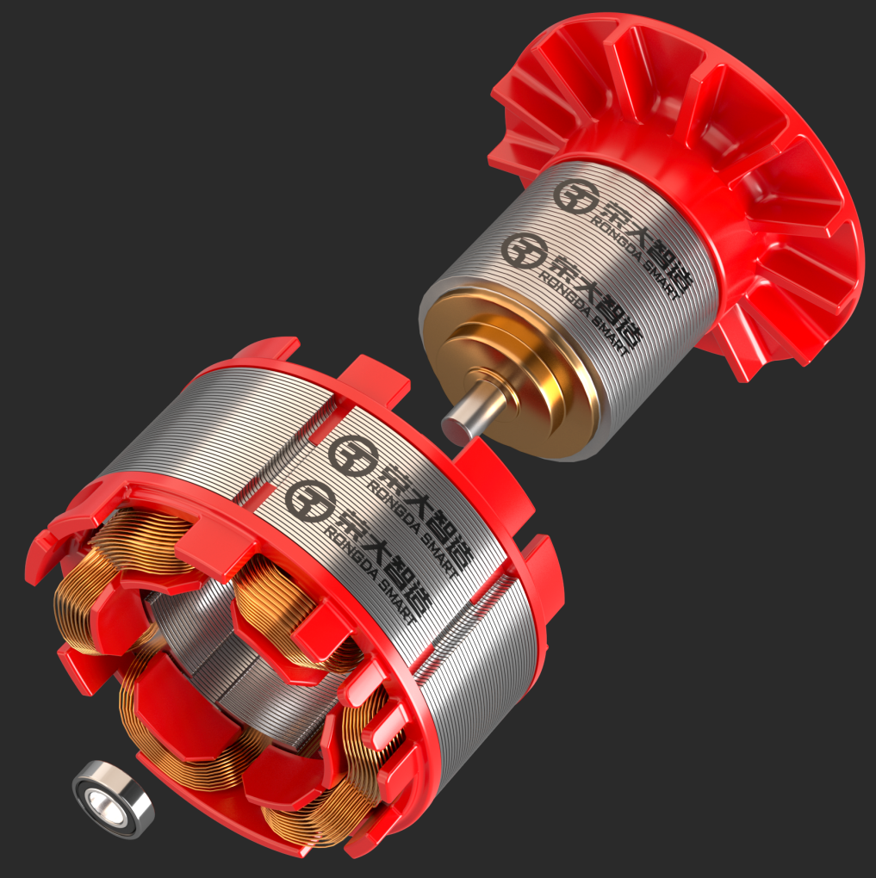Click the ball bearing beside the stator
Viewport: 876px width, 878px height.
(x=113, y=799)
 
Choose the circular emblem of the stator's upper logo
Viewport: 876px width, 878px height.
(x=349, y=456)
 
